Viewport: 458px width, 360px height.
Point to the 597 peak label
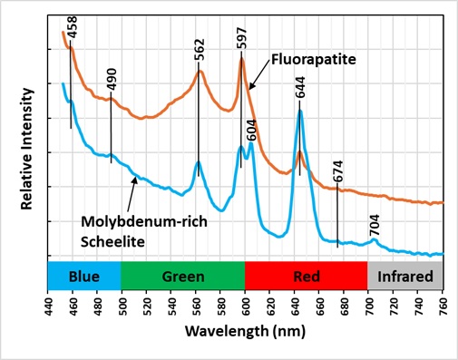click(x=242, y=36)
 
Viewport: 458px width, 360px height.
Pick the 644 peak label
click(x=300, y=88)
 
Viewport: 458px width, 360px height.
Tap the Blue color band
click(x=84, y=275)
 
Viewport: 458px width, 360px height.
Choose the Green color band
click(x=182, y=275)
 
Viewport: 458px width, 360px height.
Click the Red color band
click(x=306, y=275)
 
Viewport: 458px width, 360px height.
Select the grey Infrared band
click(x=405, y=275)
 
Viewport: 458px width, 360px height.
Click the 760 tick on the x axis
click(x=443, y=302)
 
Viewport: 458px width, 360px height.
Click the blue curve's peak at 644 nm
click(x=299, y=112)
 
